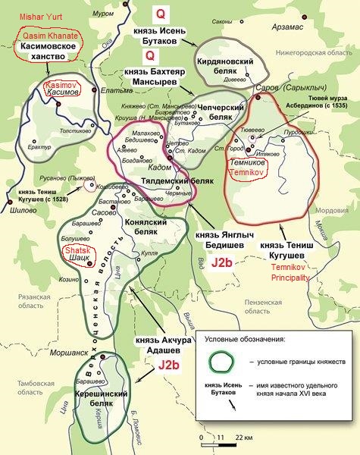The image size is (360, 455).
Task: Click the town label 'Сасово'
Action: pos(103,215)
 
